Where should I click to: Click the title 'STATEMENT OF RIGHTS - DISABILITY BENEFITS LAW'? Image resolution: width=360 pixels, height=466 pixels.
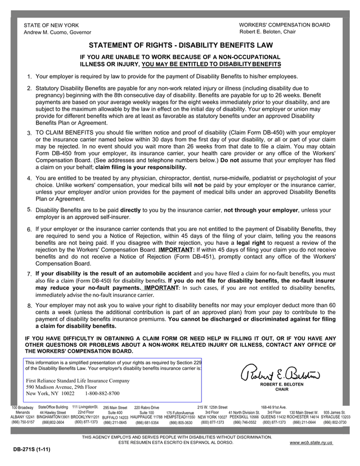click(x=180, y=46)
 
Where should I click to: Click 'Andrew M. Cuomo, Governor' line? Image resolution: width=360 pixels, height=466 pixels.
click(x=57, y=33)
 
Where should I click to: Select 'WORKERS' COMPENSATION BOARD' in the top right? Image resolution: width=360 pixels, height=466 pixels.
click(x=285, y=25)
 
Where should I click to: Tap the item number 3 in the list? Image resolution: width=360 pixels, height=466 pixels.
click(x=29, y=133)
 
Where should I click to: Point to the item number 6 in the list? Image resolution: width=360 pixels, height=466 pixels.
click(x=29, y=230)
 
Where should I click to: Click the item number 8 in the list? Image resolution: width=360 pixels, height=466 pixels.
click(x=29, y=306)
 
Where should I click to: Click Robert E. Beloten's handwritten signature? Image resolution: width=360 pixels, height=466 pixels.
click(x=281, y=372)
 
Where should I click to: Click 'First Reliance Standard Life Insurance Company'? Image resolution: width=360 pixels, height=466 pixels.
click(x=78, y=381)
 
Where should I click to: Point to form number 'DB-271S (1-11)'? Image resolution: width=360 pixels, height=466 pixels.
click(x=32, y=451)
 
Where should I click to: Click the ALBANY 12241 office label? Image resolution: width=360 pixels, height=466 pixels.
click(x=22, y=417)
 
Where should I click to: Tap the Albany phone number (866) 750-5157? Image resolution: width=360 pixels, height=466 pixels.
click(x=22, y=422)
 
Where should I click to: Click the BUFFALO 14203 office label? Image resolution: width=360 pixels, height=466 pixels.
click(x=115, y=418)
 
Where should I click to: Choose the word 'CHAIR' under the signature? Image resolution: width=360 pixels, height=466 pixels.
click(x=282, y=389)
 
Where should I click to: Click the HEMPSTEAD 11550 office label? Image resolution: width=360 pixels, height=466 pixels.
click(x=179, y=417)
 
